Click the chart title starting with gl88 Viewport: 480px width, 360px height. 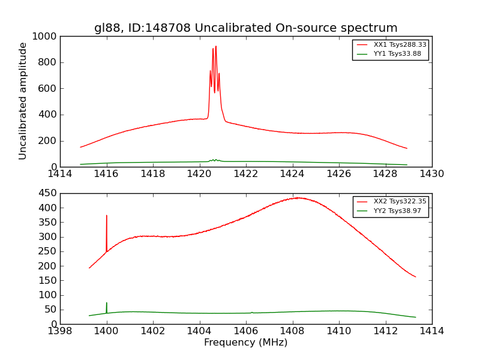[x=245, y=28]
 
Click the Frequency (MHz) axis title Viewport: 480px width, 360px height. [x=245, y=343]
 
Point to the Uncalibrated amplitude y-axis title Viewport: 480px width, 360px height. [x=23, y=101]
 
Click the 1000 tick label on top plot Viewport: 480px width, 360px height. [x=46, y=36]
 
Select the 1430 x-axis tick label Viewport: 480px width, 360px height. [x=431, y=174]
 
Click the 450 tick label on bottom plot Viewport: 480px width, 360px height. [x=48, y=193]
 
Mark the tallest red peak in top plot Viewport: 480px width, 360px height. [x=216, y=46]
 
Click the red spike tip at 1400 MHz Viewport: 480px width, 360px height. [x=107, y=215]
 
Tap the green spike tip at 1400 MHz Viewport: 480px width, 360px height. [x=107, y=303]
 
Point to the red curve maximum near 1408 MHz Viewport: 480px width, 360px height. [x=297, y=197]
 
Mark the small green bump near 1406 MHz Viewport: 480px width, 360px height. [x=252, y=312]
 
